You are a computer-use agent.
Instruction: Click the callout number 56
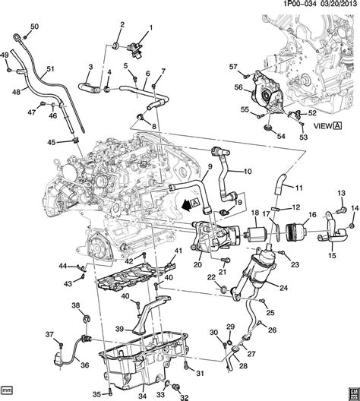point(238,88)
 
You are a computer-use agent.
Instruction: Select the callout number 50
point(33,28)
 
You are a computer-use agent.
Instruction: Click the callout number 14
point(355,197)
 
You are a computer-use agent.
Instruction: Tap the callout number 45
point(51,143)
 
